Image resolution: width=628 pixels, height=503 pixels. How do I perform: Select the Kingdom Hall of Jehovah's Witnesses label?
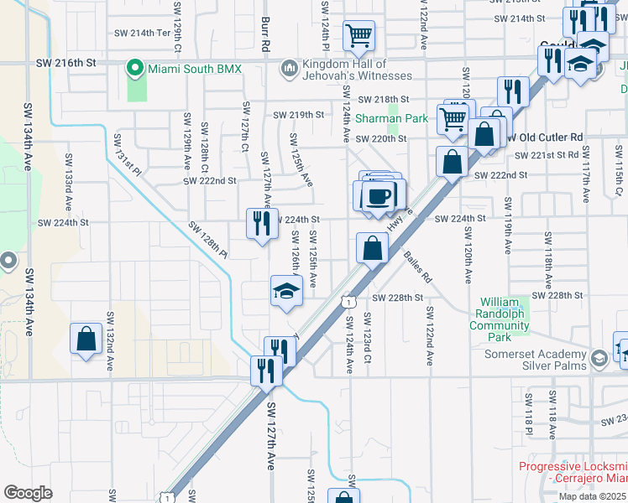tap(344, 70)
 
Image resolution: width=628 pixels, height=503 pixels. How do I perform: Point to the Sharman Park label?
tap(391, 118)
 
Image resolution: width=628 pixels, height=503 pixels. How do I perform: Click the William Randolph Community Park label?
tap(501, 319)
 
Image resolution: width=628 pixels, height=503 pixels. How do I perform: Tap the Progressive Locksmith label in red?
tap(573, 473)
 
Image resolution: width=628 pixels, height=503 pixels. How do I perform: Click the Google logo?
tap(28, 492)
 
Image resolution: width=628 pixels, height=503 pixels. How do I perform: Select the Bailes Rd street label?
tap(416, 266)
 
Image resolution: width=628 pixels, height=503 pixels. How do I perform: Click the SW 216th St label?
tap(67, 62)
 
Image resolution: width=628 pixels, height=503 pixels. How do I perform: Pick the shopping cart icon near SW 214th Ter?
tap(358, 35)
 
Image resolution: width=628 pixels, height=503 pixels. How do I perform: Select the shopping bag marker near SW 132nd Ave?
tap(86, 340)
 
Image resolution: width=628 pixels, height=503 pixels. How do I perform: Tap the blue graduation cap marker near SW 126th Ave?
tap(285, 291)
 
